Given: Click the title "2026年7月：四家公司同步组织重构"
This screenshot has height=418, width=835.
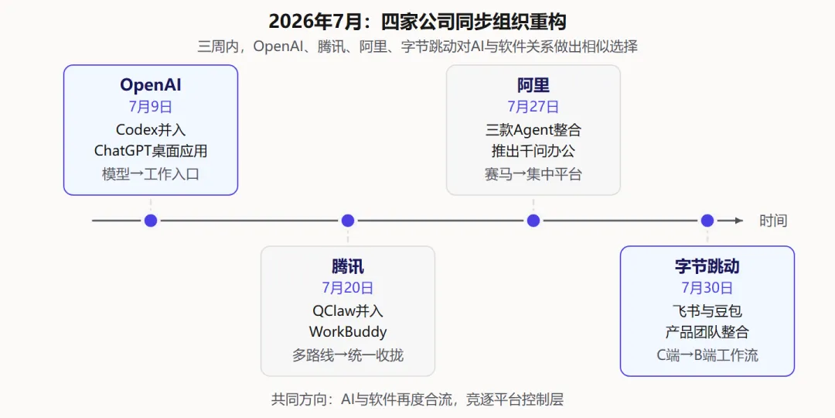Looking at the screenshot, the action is [417, 22].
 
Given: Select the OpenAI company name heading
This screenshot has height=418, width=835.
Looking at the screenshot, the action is [151, 85].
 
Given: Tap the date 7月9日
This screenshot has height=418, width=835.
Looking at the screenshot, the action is [151, 107].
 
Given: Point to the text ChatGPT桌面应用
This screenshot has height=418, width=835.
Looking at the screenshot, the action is [151, 151].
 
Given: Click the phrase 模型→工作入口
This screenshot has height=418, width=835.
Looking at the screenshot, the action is [151, 174].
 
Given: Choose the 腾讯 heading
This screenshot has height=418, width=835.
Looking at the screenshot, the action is [348, 266].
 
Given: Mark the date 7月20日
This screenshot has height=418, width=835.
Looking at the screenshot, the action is [348, 288].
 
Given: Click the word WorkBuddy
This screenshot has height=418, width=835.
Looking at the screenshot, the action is [348, 331].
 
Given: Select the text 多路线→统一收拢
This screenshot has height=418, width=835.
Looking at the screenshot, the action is [348, 355].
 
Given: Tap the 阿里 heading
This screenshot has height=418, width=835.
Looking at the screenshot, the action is [533, 85].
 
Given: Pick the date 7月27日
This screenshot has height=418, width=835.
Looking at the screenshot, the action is [533, 107].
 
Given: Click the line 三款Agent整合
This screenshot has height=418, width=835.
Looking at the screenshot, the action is [533, 129].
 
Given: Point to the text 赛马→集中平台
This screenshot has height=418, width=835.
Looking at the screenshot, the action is [533, 174].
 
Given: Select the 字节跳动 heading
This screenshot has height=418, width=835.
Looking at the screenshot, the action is [707, 266].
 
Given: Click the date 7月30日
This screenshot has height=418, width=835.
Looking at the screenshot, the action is [707, 288].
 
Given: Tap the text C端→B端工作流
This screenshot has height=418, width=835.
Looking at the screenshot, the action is [707, 355].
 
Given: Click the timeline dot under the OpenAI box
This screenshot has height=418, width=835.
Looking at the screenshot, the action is [151, 220].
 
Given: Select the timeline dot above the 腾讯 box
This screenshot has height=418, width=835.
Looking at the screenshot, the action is [348, 220].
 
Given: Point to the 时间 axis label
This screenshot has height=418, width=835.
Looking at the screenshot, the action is [773, 221].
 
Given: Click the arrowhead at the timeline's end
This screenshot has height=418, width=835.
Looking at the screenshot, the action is [739, 220].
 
